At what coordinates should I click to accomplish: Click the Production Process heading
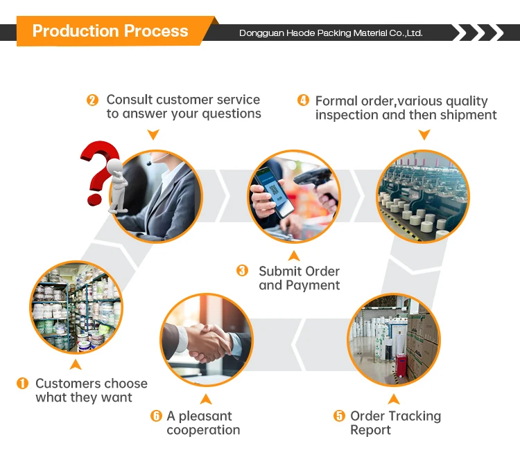click(110, 31)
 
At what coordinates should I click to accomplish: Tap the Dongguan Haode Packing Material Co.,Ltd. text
click(331, 33)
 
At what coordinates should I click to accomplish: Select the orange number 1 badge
click(23, 383)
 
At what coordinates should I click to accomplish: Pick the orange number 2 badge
click(92, 100)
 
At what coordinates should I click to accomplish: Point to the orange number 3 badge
click(242, 271)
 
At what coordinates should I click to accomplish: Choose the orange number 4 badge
click(303, 100)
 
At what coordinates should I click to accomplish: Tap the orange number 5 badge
click(339, 415)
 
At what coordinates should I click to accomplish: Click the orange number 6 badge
click(156, 415)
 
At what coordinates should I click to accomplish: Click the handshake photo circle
click(205, 340)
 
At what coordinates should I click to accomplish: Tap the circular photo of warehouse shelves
click(76, 307)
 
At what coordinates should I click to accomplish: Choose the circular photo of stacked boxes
click(393, 340)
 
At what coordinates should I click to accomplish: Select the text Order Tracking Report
click(395, 423)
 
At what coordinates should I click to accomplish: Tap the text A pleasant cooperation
click(203, 423)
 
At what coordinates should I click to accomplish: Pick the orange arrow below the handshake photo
click(206, 399)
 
